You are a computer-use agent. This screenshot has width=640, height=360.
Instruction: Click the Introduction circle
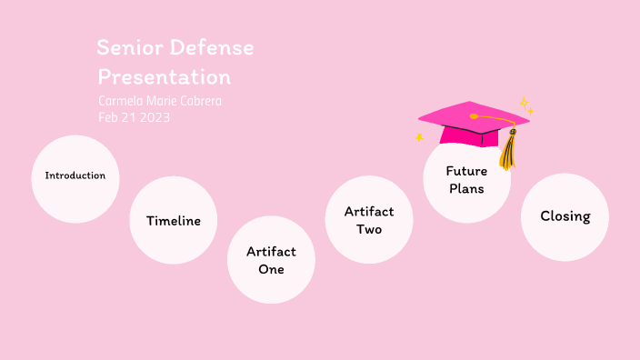point(75,177)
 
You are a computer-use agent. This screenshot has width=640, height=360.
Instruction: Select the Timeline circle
point(173,221)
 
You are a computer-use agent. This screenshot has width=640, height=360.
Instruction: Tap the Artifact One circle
point(271,260)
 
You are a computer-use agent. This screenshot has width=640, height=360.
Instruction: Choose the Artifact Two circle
point(369,220)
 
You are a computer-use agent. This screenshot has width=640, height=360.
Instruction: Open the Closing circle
point(565,216)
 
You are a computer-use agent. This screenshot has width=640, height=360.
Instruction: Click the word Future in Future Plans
point(466,171)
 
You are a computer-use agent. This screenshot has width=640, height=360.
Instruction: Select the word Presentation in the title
point(165,76)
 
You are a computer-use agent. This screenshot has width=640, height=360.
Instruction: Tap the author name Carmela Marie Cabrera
point(160,101)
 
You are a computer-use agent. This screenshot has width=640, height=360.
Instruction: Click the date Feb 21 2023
point(135,117)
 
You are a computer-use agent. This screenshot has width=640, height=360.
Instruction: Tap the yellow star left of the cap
point(419,137)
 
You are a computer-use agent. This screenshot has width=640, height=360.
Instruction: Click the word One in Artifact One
point(271,270)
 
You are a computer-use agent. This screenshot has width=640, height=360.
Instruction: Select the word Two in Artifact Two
point(369,230)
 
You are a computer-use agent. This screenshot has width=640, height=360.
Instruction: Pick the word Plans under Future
point(466,189)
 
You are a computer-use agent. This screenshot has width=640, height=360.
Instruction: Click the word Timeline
point(173,221)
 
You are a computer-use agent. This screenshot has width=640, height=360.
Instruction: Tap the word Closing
point(565,216)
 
